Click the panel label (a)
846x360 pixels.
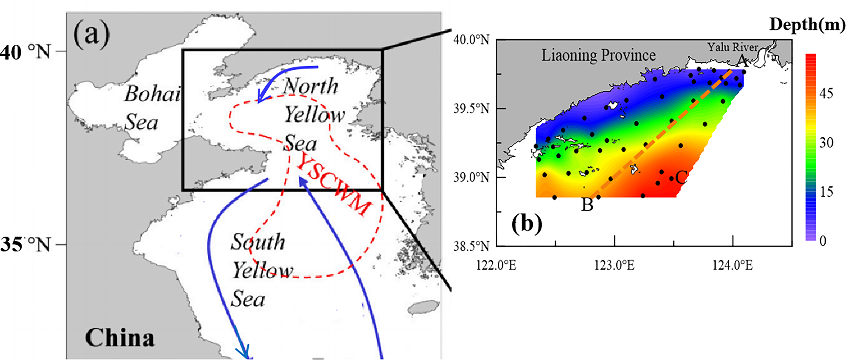click(92, 35)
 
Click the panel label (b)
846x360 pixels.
click(527, 224)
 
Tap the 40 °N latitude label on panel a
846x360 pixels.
click(25, 52)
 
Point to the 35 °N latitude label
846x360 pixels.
click(25, 244)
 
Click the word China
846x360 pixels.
click(120, 338)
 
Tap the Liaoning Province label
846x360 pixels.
click(598, 55)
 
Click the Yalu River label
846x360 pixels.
click(732, 47)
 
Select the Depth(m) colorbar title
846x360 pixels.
click(807, 24)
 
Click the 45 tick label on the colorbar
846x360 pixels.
click(826, 93)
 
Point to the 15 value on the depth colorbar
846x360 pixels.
click(826, 192)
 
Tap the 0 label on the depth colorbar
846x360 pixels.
click(823, 241)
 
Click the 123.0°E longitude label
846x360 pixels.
click(614, 266)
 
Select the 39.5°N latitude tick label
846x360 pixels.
click(471, 109)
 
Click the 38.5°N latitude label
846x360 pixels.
click(471, 246)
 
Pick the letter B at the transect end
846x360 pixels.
click(587, 205)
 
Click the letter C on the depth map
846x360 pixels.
click(681, 177)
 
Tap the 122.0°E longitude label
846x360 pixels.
click(496, 266)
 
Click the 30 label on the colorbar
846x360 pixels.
click(826, 143)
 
